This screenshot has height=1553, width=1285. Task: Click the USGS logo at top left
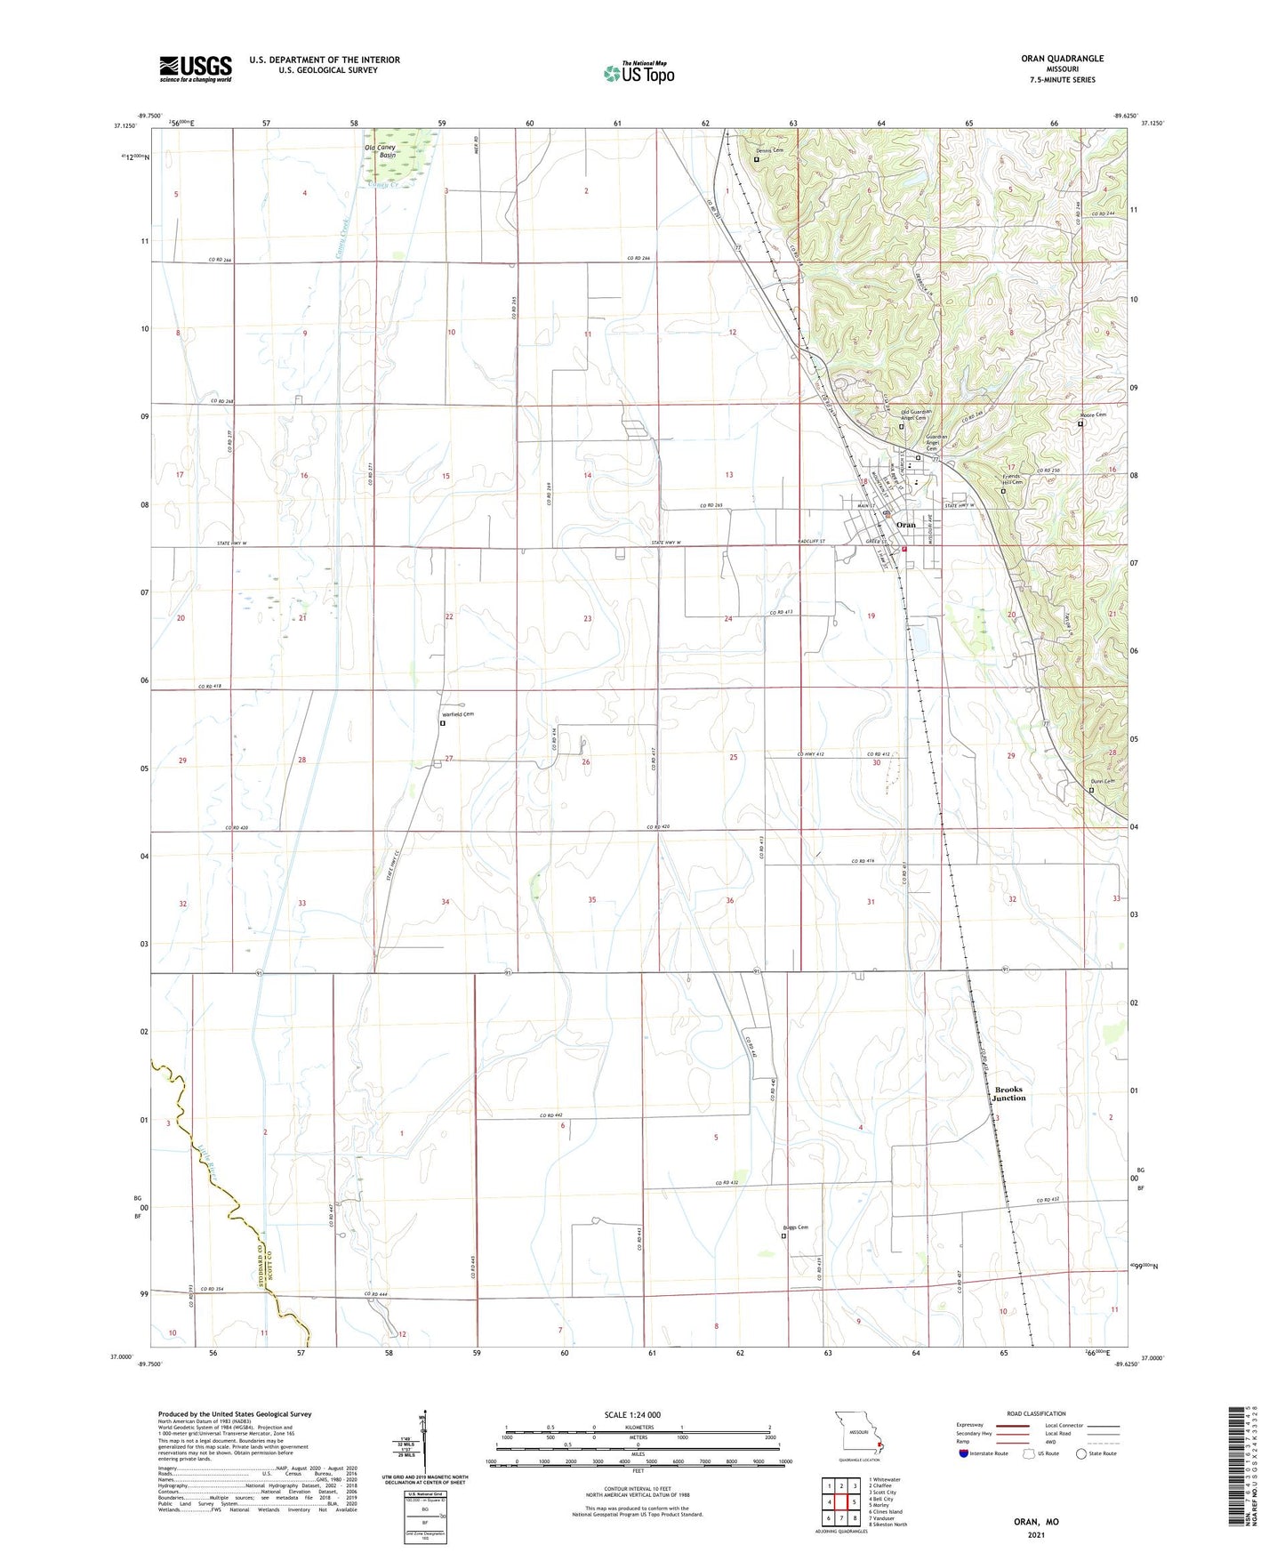tap(196, 68)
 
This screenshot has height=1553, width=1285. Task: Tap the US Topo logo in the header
tap(638, 72)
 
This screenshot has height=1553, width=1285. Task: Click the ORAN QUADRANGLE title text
tap(1062, 59)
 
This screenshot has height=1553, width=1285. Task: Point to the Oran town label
tap(905, 525)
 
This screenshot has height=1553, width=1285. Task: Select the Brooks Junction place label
tap(1008, 1093)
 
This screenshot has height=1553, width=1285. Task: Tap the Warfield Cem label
tap(457, 714)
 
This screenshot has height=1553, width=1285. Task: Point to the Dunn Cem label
tap(1102, 781)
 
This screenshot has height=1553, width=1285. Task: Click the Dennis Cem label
tap(769, 150)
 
